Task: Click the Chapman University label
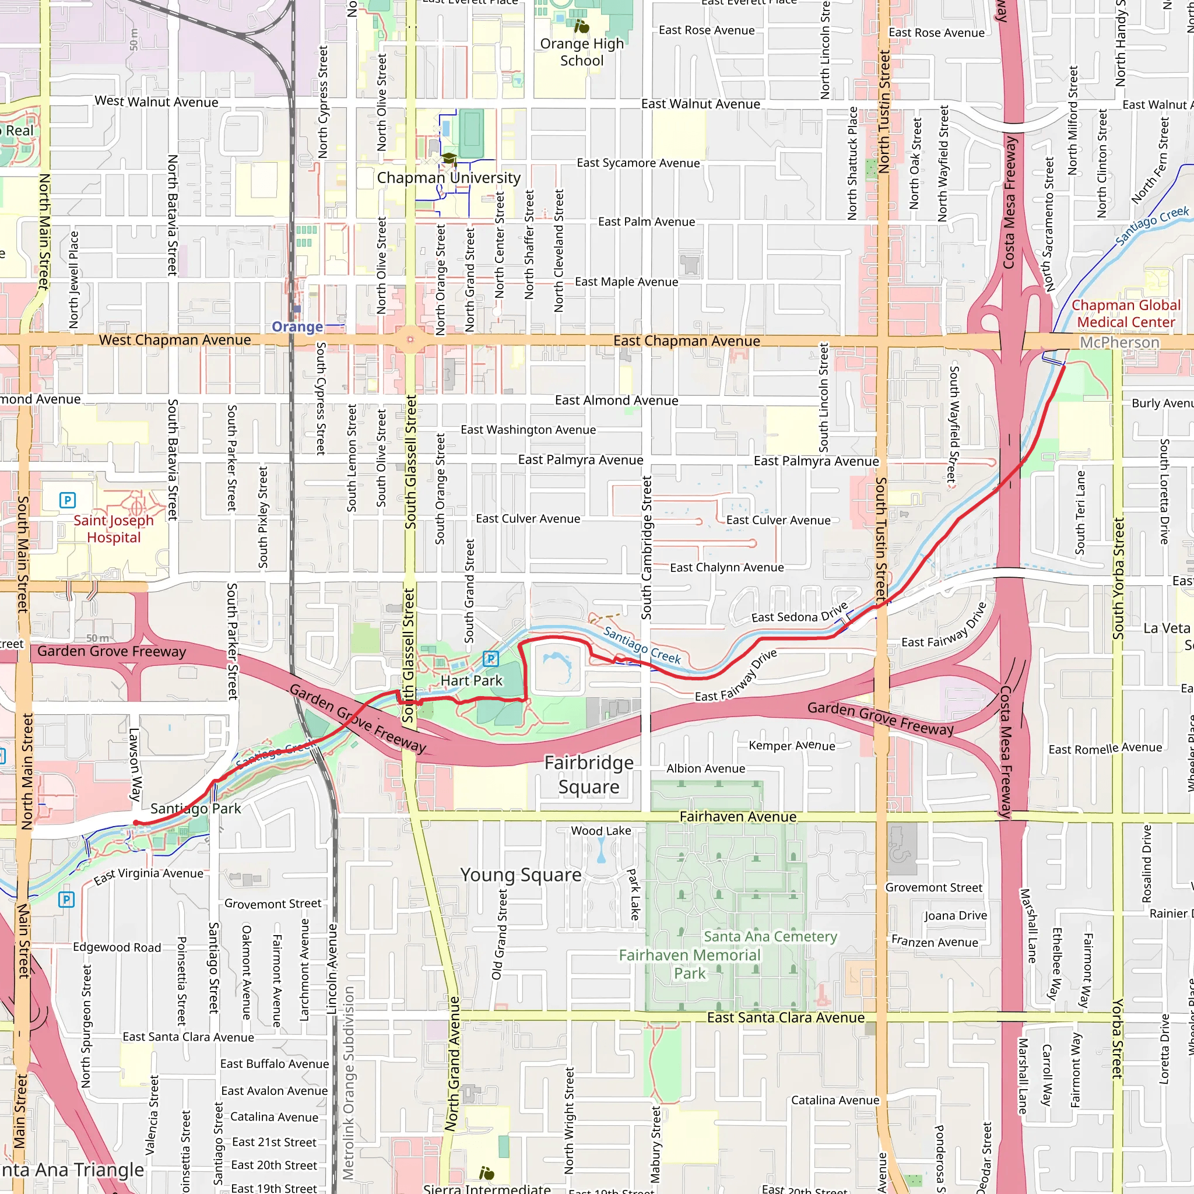pos(449,178)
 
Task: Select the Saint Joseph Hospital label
pos(114,529)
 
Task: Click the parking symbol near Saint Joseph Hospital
pos(68,500)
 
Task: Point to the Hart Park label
pos(472,681)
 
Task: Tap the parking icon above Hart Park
pos(491,659)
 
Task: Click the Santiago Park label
pos(195,809)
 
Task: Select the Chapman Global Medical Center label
pos(1126,314)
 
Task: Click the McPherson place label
pos(1119,342)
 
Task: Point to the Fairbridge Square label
pos(589,775)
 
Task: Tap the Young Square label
pos(521,875)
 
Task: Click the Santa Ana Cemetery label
pos(770,937)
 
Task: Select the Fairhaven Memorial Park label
pos(690,964)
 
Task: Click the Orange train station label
pos(297,327)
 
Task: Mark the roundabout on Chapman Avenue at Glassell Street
pos(410,340)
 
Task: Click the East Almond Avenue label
pos(616,401)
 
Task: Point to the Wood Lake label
pos(600,831)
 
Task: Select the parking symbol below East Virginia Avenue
pos(66,900)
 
